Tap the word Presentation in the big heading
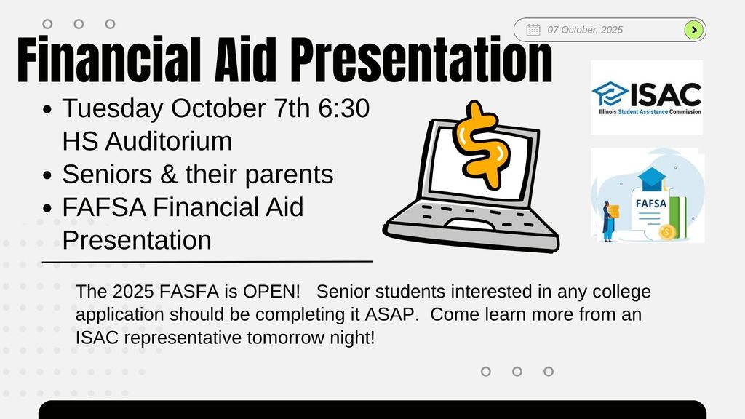[x=421, y=60]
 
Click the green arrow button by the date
[x=693, y=30]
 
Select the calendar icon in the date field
[x=533, y=30]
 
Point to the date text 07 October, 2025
[x=585, y=30]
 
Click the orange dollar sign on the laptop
[x=482, y=145]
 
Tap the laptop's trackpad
[x=470, y=224]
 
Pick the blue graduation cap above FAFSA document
[x=652, y=177]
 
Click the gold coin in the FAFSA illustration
[x=667, y=232]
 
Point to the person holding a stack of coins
[x=610, y=221]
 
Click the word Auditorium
[x=169, y=142]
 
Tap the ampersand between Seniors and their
[x=169, y=175]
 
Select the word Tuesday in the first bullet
[x=113, y=109]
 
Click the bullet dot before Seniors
[x=47, y=175]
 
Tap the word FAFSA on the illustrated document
[x=651, y=204]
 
